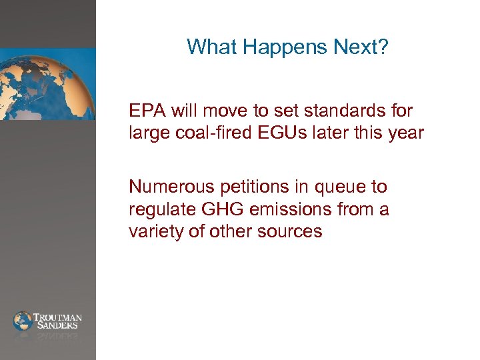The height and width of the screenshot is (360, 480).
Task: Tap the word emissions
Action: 289,209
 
